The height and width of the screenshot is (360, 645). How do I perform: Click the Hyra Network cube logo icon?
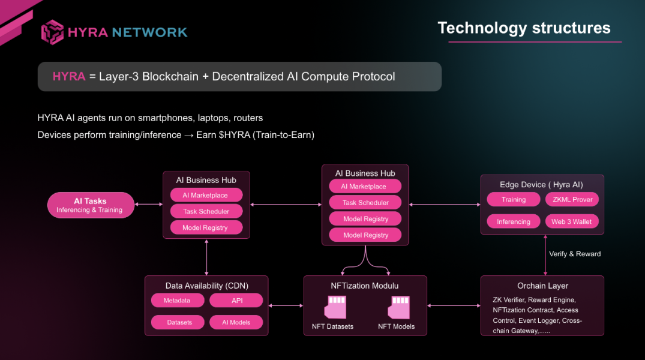[x=52, y=32]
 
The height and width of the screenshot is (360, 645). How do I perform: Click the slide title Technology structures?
[x=524, y=28]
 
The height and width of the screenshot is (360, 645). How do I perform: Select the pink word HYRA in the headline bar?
[x=69, y=77]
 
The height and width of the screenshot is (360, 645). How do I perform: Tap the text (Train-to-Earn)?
[x=284, y=135]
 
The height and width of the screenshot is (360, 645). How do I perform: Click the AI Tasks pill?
[x=90, y=205]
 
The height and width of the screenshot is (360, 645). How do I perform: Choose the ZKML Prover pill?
[x=572, y=200]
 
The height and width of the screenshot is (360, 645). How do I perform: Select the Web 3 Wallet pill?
[x=572, y=222]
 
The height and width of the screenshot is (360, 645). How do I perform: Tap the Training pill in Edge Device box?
[x=514, y=200]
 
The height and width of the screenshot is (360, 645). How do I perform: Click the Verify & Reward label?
[x=575, y=254]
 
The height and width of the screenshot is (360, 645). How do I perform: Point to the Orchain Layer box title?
[x=542, y=286]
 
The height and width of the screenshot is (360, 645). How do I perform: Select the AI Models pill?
[x=236, y=322]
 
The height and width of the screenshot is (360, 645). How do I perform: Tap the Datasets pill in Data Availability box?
[x=179, y=322]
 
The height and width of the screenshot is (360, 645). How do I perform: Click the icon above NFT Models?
[x=398, y=306]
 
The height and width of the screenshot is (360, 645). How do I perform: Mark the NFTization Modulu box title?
[x=365, y=286]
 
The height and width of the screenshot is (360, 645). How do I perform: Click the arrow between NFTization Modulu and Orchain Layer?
[x=454, y=305]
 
